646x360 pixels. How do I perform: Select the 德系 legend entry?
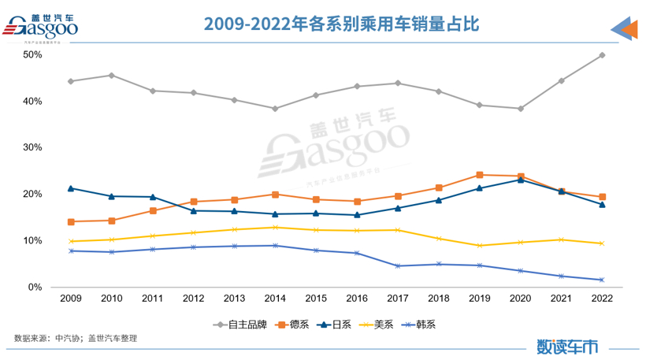pyautogui.click(x=294, y=324)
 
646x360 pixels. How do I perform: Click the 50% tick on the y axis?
pyautogui.click(x=32, y=55)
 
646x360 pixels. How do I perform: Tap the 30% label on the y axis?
pyautogui.click(x=32, y=148)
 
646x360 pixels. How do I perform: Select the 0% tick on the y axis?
pyautogui.click(x=35, y=288)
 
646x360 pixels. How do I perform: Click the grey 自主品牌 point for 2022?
pyautogui.click(x=602, y=55)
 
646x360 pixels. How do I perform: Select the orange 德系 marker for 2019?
pyautogui.click(x=479, y=175)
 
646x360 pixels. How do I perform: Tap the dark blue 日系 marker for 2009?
pyautogui.click(x=71, y=188)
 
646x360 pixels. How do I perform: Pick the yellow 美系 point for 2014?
pyautogui.click(x=275, y=228)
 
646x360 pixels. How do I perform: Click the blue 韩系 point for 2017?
pyautogui.click(x=398, y=266)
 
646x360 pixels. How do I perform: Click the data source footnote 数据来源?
pyautogui.click(x=76, y=339)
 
